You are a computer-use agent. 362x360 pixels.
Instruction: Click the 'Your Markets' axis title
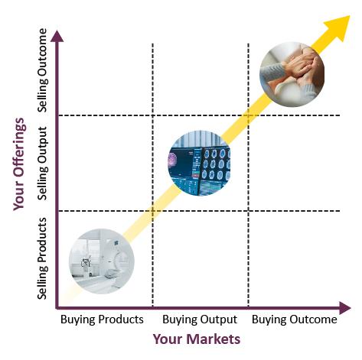tap(197, 339)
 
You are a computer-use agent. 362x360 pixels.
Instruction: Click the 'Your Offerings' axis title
tap(19, 164)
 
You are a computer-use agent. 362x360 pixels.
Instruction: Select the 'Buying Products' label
tap(102, 319)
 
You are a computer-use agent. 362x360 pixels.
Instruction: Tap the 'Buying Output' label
tap(200, 319)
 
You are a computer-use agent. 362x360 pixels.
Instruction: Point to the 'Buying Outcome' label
tap(295, 319)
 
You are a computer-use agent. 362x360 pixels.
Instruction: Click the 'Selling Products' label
tap(42, 258)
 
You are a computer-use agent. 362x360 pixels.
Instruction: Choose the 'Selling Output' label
tap(42, 164)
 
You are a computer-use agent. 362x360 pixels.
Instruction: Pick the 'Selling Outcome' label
tap(42, 70)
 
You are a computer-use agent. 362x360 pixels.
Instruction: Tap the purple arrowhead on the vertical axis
tap(57, 36)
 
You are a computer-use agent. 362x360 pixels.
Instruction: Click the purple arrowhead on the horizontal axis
tap(345, 308)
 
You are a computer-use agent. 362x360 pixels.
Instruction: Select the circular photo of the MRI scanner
tap(102, 261)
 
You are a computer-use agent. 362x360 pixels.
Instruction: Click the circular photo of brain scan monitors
tap(199, 164)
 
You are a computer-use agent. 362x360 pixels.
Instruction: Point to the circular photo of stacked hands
tap(292, 74)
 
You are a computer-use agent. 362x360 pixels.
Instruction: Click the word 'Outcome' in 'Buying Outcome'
tap(313, 319)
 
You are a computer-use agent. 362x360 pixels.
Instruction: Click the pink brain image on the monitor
tap(172, 161)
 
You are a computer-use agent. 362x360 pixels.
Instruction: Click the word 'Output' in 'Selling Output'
tap(42, 144)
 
